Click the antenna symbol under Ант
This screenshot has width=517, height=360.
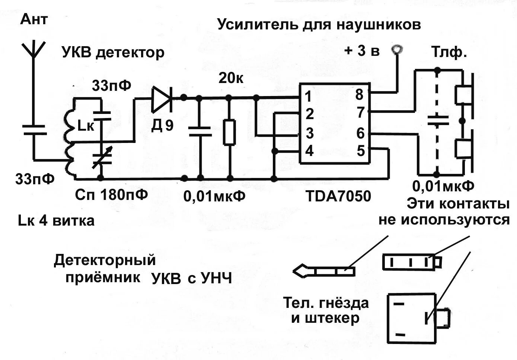33,50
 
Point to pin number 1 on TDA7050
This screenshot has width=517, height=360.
308,96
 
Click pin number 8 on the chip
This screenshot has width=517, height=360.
359,95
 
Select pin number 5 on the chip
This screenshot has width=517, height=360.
361,151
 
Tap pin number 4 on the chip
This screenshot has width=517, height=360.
309,151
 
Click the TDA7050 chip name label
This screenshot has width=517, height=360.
338,196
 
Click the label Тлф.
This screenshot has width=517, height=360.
449,52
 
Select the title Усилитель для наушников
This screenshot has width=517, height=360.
319,25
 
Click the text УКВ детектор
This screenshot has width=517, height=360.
113,52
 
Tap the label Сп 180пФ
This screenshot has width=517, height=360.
111,194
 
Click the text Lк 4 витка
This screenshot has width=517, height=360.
56,221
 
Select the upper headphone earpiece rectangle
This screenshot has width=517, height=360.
463,95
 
